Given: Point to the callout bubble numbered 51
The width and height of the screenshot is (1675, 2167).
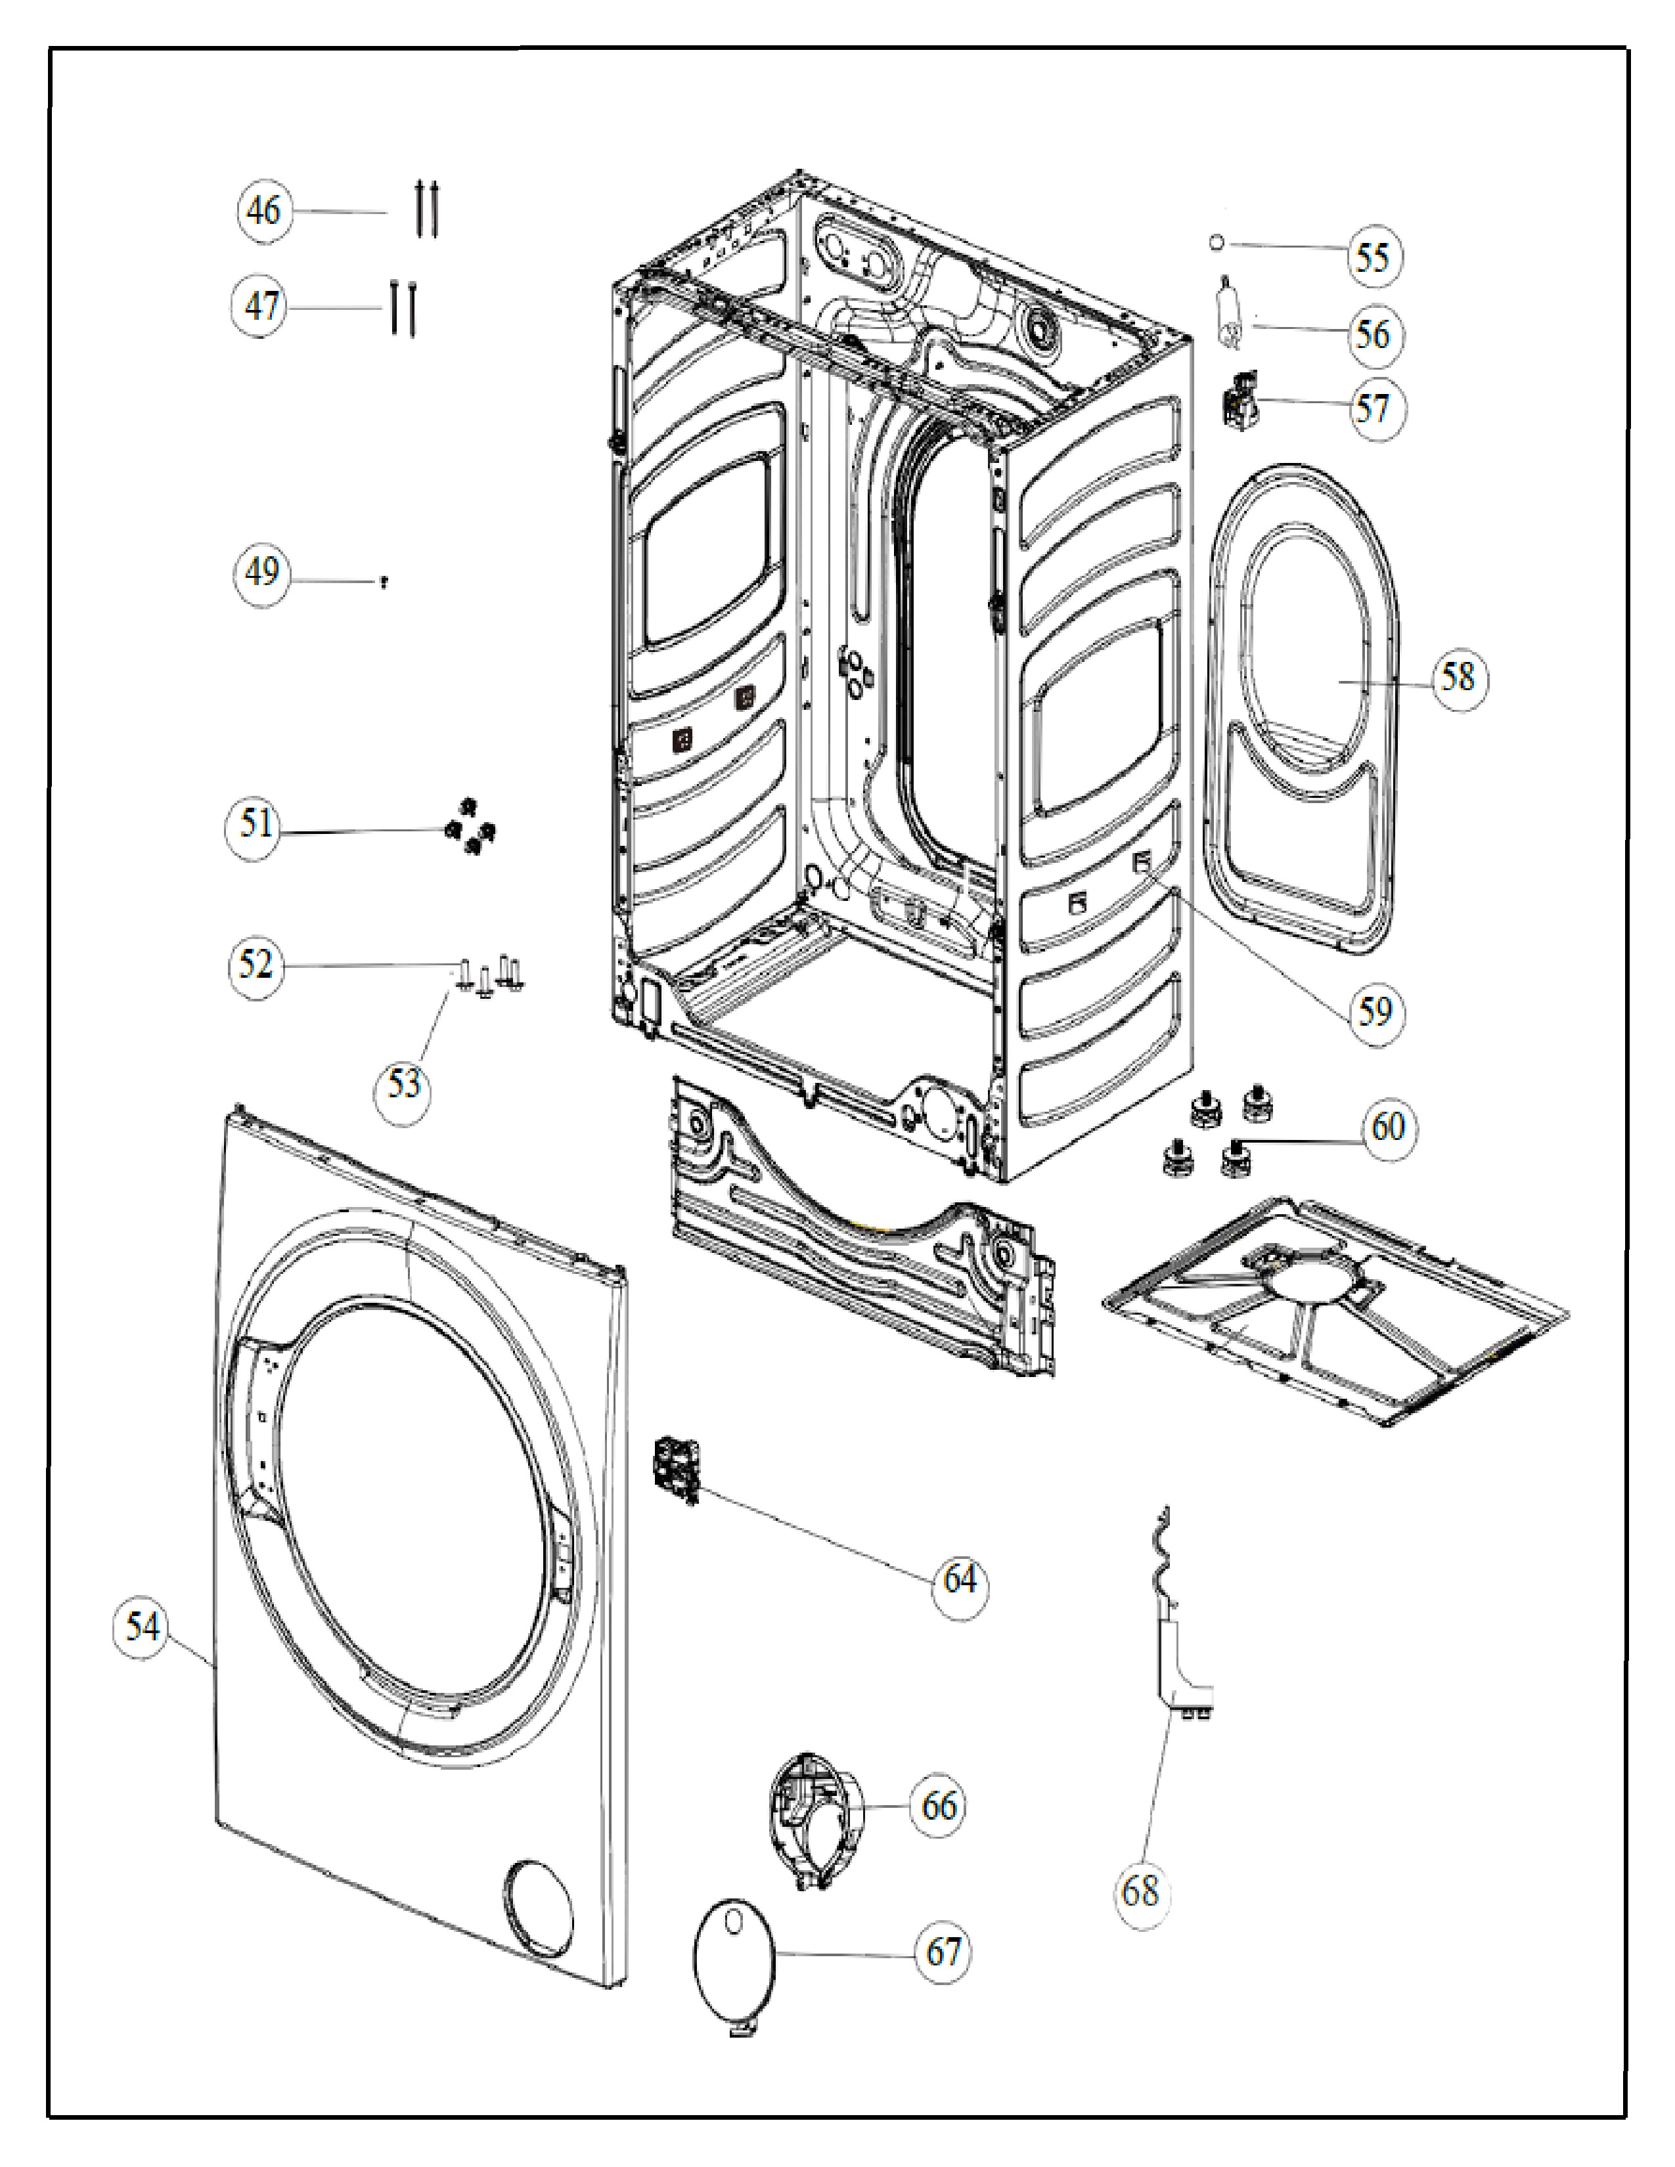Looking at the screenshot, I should (x=254, y=823).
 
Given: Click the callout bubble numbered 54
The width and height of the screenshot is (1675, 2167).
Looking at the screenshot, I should (x=142, y=1627).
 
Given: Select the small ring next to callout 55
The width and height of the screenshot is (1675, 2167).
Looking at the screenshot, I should (x=1217, y=243).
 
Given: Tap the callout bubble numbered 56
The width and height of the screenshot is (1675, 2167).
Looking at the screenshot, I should (x=1374, y=334).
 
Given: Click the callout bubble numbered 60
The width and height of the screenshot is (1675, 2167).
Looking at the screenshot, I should (x=1388, y=1126).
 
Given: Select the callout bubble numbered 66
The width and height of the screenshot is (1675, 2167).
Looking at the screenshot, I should (x=939, y=1806).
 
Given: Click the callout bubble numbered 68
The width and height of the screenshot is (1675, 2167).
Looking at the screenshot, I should (x=1140, y=1891).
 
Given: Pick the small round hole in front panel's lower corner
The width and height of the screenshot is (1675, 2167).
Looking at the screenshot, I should (x=538, y=1908).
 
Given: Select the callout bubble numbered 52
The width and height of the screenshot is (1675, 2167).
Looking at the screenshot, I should (x=255, y=963).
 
